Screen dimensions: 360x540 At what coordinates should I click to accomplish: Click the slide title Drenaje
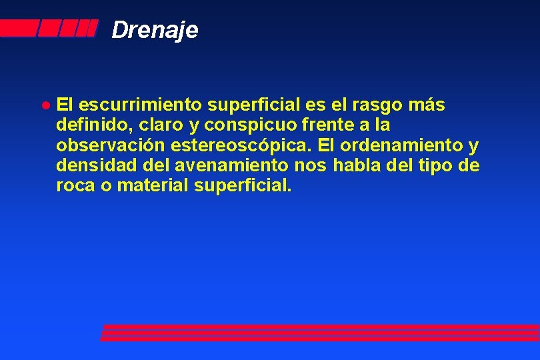155,30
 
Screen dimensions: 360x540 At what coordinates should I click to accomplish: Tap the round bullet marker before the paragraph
44,105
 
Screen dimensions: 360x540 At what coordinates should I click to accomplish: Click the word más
427,105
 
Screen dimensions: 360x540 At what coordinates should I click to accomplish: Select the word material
153,185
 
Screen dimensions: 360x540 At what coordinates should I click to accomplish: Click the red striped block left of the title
48,29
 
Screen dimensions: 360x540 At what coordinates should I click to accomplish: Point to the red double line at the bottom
320,333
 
